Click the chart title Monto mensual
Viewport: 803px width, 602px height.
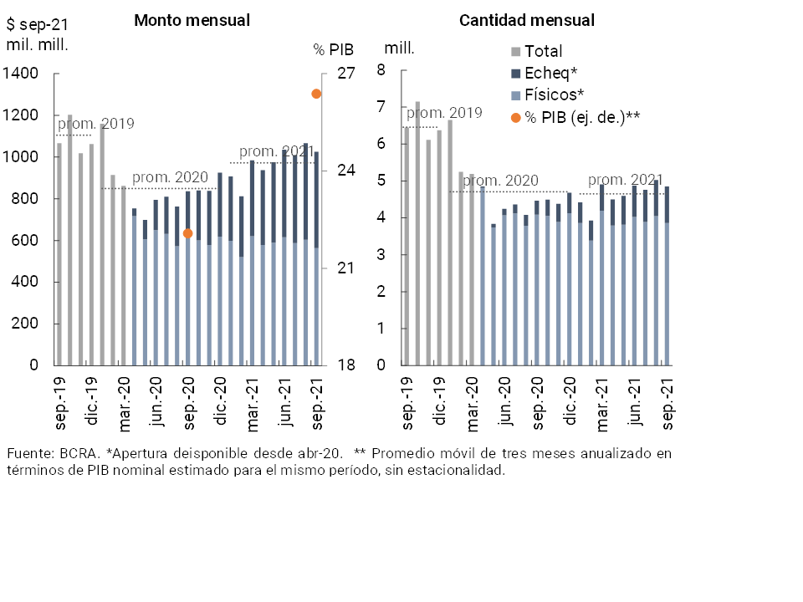click(x=192, y=20)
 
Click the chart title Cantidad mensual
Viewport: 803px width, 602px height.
click(x=527, y=20)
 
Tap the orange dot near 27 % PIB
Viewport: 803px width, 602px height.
click(x=316, y=94)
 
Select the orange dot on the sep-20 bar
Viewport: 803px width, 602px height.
click(x=187, y=233)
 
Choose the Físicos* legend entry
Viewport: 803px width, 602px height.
click(x=554, y=94)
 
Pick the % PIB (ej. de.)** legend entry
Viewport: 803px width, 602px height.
click(x=582, y=116)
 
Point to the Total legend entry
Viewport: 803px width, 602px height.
click(x=543, y=52)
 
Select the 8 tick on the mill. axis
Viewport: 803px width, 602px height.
click(x=381, y=70)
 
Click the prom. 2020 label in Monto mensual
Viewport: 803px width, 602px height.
click(x=170, y=178)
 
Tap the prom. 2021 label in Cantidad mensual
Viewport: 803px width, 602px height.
click(x=625, y=180)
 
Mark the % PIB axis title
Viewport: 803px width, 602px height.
click(x=333, y=49)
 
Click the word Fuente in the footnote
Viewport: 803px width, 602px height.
click(x=28, y=453)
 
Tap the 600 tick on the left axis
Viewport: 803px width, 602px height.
click(x=25, y=241)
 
